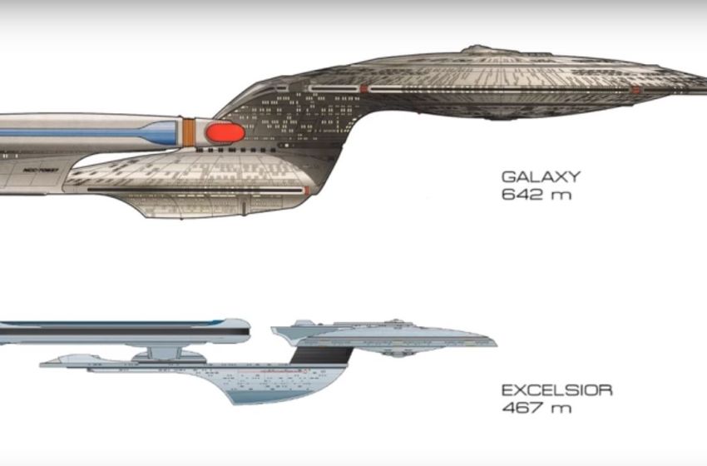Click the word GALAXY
click(x=540, y=177)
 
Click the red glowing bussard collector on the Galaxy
click(x=225, y=131)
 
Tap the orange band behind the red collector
click(x=189, y=130)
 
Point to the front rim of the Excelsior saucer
click(x=494, y=341)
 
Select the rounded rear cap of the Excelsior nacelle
click(x=246, y=331)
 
